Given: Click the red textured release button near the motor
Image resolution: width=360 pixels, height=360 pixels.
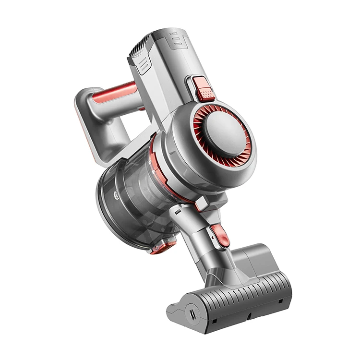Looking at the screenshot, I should click(204, 89).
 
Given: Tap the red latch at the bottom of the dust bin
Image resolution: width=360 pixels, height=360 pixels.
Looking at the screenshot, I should click(163, 247).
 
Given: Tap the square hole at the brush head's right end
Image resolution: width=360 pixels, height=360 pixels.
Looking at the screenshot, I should click(280, 301).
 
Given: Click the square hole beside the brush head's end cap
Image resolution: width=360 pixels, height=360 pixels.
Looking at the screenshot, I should click(214, 321).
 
